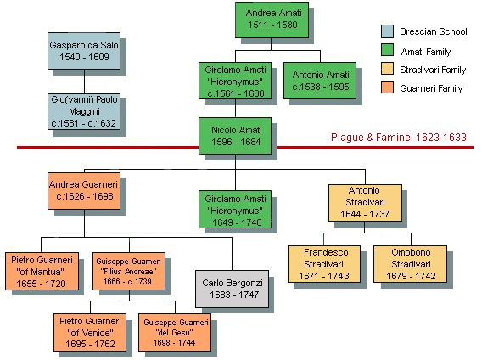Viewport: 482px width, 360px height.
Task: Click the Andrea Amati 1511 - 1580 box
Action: (272, 20)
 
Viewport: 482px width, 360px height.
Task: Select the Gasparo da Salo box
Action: (84, 51)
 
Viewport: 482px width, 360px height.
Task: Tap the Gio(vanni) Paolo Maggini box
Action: (84, 112)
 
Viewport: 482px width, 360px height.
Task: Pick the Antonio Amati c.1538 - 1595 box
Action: (320, 81)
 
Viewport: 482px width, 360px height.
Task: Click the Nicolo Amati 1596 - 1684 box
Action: (235, 136)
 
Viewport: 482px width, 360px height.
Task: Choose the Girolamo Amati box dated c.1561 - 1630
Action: (235, 81)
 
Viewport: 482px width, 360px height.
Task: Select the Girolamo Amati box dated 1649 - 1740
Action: (235, 209)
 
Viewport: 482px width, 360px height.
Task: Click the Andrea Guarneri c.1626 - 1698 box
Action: (84, 191)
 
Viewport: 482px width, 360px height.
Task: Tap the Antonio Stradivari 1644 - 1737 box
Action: (365, 203)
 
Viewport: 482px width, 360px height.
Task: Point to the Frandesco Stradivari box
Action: (324, 264)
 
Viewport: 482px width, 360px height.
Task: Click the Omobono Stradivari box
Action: (410, 264)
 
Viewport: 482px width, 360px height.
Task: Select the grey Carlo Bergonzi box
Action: (232, 289)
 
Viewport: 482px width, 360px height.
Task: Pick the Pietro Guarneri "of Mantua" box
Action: (42, 272)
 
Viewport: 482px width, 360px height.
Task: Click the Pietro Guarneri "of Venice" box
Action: (90, 332)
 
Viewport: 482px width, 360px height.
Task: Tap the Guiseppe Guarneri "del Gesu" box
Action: (175, 332)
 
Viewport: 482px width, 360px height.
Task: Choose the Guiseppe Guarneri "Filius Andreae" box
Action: (129, 272)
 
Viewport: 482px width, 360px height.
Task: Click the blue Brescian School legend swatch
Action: (387, 31)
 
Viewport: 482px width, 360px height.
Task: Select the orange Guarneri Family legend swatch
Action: (387, 87)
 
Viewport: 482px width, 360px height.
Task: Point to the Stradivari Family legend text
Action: (433, 70)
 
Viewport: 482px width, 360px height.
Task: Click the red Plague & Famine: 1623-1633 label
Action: (399, 138)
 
